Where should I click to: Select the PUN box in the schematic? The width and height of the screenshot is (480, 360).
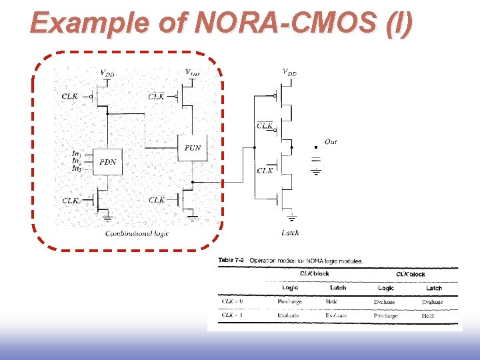click(192, 148)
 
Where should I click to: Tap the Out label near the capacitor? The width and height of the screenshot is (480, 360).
click(331, 141)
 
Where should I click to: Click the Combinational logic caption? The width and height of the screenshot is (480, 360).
click(136, 233)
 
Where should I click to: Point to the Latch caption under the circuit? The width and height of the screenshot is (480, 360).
click(290, 233)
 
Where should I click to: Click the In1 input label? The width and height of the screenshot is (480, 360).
click(77, 154)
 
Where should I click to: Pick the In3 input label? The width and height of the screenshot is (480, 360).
click(77, 169)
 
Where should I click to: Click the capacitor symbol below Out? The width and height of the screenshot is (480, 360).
click(316, 159)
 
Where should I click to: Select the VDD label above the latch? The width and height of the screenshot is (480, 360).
click(289, 72)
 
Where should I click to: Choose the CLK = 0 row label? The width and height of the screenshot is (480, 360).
click(232, 302)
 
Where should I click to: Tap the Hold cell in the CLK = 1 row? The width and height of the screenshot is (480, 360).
click(428, 316)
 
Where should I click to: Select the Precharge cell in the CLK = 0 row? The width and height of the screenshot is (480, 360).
click(290, 302)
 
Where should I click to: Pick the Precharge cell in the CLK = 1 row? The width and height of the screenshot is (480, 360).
click(385, 316)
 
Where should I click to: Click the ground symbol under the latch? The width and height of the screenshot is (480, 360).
click(291, 217)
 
